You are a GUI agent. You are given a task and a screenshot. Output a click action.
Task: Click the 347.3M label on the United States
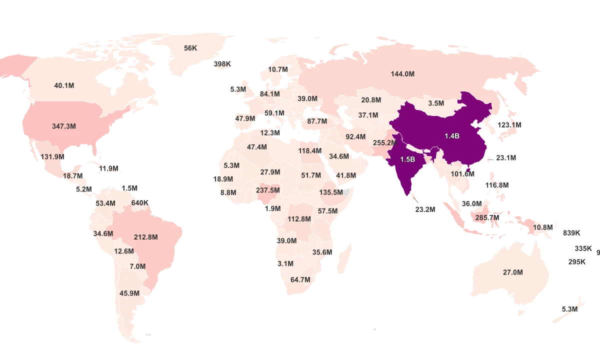(64, 126)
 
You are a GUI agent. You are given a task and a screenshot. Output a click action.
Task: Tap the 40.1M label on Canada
(64, 85)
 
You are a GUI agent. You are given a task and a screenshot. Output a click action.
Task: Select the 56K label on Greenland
(190, 48)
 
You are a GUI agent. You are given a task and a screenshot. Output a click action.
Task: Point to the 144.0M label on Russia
(402, 74)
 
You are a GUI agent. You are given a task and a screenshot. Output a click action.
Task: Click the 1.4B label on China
(452, 135)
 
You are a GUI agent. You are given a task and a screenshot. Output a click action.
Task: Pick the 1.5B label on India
(407, 159)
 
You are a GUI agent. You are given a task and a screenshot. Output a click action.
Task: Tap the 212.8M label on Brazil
(146, 237)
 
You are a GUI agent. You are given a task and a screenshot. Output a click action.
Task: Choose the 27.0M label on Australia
(512, 272)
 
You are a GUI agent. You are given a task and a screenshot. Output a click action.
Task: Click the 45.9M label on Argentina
(129, 293)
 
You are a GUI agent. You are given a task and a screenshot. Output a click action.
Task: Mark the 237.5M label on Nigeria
(268, 190)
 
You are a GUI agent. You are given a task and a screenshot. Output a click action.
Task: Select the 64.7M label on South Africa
(300, 279)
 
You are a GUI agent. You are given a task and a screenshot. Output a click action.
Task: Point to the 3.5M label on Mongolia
(436, 103)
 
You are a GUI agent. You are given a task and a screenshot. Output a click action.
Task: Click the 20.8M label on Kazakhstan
(371, 100)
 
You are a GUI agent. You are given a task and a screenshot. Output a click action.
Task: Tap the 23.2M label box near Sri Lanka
(425, 209)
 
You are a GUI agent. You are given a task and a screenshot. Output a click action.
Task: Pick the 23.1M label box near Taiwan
(506, 158)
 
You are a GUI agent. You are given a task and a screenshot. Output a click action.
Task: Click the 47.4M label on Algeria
(257, 147)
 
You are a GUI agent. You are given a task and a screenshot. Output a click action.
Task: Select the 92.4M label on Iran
(355, 136)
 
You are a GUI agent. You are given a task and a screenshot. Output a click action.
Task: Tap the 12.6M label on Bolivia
(124, 251)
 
